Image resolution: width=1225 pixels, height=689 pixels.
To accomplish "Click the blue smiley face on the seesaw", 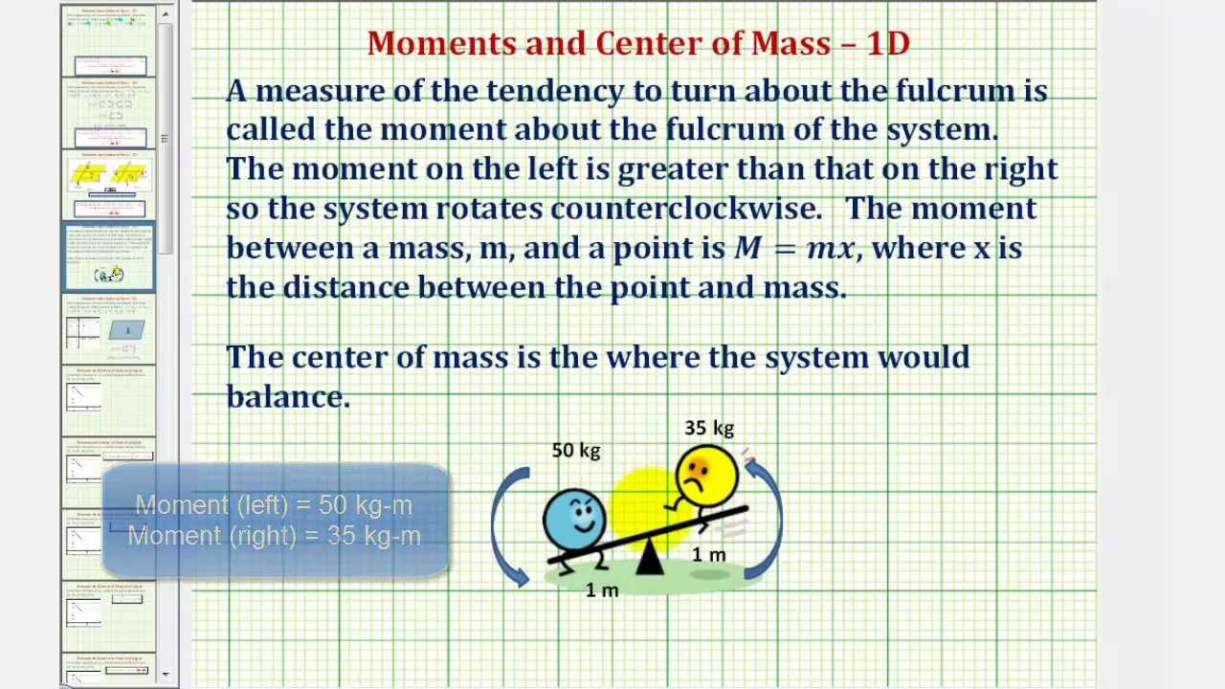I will tap(574, 519).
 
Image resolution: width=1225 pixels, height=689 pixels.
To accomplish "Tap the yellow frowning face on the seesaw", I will tap(706, 475).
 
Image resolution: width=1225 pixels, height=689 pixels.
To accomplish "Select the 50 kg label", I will tap(576, 450).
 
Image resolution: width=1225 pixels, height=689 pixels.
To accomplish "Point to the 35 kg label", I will tap(709, 428).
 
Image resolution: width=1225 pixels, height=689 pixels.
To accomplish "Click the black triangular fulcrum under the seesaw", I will tap(650, 558).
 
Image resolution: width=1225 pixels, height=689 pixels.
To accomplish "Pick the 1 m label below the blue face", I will tap(602, 590).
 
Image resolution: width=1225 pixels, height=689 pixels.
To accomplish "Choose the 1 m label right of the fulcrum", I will tap(709, 554).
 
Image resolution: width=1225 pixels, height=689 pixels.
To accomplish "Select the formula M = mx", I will tap(793, 249).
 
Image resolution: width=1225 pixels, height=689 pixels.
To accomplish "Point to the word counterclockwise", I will tap(684, 209).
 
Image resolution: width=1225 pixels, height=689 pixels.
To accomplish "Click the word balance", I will tap(287, 396).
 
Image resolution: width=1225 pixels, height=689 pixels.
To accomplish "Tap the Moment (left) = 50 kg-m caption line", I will tap(274, 504).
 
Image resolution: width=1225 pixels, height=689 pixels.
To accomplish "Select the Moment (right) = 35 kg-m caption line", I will tap(274, 536).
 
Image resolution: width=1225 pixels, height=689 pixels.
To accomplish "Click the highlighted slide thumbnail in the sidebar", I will tap(109, 256).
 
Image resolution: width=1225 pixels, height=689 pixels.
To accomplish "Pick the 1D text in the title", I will tap(887, 43).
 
